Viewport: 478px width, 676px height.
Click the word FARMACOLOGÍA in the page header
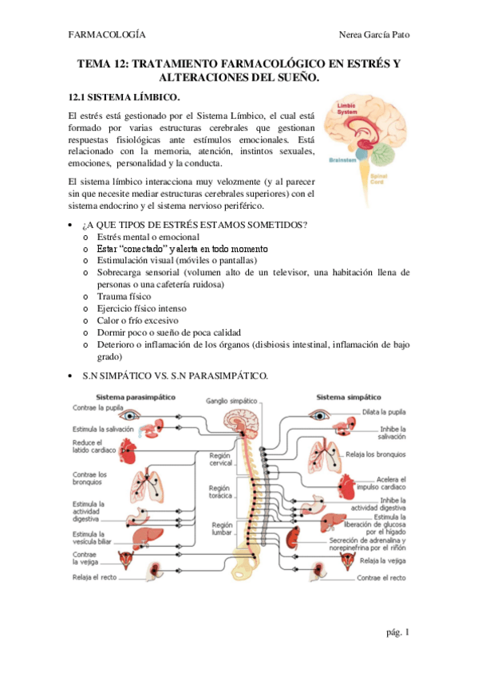pyautogui.click(x=107, y=35)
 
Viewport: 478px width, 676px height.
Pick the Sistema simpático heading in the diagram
pyautogui.click(x=348, y=396)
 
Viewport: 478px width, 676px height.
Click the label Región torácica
pyautogui.click(x=220, y=491)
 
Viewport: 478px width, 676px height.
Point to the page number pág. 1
pyautogui.click(x=396, y=632)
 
